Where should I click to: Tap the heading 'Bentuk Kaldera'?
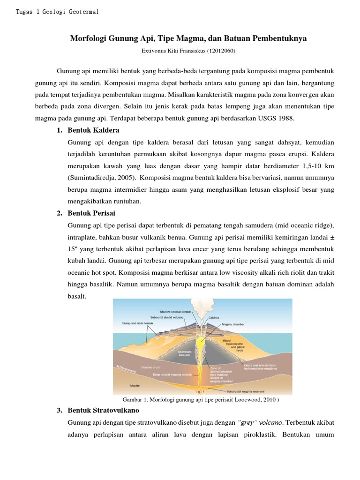[x=93, y=130]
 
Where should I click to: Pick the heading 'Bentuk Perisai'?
[x=91, y=213]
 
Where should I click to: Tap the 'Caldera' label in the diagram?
[x=214, y=317]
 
